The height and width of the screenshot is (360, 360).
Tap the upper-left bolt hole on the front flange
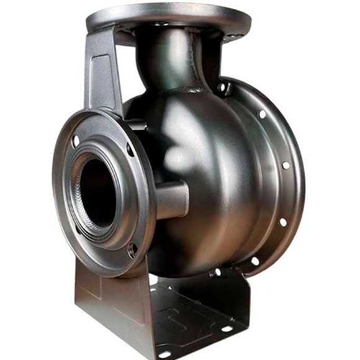click(76, 141)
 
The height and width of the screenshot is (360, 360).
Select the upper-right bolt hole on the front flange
click(131, 150)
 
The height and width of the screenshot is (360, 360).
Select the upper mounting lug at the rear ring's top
click(222, 86)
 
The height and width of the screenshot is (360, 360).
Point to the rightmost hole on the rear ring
click(285, 166)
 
